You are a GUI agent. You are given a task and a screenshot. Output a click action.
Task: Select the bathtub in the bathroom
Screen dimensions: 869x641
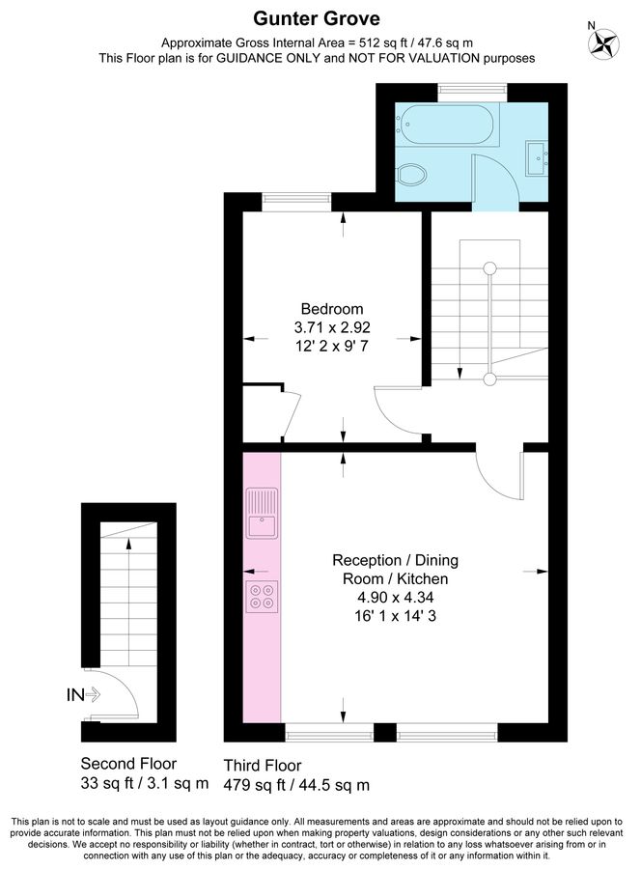(x=447, y=126)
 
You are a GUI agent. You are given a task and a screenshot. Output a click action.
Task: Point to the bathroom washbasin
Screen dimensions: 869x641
(x=537, y=154)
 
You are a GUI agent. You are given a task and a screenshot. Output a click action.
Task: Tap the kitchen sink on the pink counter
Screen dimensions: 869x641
(x=262, y=514)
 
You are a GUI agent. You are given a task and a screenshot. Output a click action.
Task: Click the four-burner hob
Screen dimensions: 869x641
(x=262, y=596)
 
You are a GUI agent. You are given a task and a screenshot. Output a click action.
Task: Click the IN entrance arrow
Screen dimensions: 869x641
(x=84, y=693)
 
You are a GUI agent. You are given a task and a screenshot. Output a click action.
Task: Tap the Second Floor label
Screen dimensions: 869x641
(x=128, y=763)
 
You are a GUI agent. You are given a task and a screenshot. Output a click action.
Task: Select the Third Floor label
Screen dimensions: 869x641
(x=263, y=765)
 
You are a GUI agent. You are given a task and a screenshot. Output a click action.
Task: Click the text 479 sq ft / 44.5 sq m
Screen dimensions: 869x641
(x=296, y=784)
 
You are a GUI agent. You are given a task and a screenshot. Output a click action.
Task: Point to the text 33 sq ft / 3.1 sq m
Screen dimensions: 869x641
(x=144, y=782)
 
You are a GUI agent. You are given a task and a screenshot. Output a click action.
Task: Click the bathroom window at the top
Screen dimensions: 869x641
(x=473, y=91)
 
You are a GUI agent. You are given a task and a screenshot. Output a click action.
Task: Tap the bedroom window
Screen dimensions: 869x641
(x=293, y=201)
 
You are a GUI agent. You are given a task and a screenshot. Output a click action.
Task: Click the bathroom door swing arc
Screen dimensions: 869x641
(x=492, y=179)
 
